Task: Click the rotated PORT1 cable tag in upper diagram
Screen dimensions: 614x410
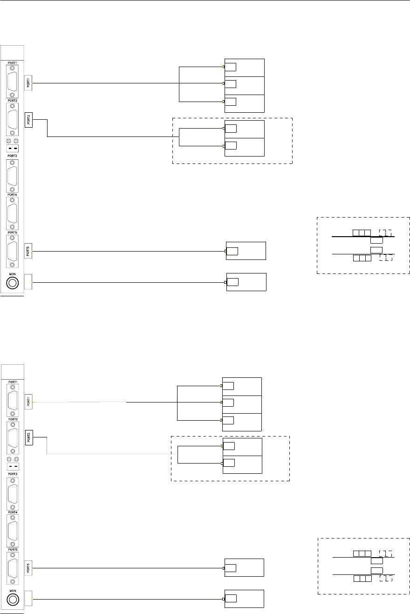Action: pyautogui.click(x=28, y=83)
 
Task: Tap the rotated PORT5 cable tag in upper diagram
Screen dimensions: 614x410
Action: pyautogui.click(x=28, y=252)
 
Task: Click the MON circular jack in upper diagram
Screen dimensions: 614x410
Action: pyautogui.click(x=12, y=282)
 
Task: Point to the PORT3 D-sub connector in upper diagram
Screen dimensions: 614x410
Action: pyautogui.click(x=12, y=176)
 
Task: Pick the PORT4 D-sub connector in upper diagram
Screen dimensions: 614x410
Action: pyautogui.click(x=12, y=213)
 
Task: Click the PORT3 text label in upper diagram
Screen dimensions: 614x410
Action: pyautogui.click(x=11, y=156)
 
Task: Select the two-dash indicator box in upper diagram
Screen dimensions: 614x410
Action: pyautogui.click(x=12, y=149)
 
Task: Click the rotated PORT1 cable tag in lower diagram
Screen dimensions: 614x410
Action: pyautogui.click(x=28, y=401)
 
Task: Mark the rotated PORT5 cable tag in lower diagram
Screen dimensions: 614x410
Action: pyautogui.click(x=28, y=568)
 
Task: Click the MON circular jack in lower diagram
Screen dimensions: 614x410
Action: pyautogui.click(x=12, y=599)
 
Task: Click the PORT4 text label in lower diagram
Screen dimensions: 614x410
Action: pyautogui.click(x=11, y=512)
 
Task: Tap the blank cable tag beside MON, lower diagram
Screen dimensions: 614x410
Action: pyautogui.click(x=28, y=599)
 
